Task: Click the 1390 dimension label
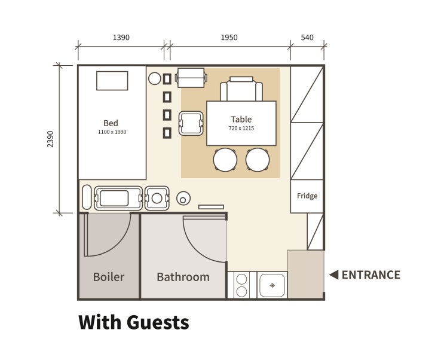point(121,38)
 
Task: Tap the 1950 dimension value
point(229,38)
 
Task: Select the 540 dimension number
point(307,38)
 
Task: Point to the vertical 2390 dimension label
point(50,139)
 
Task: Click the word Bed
point(111,123)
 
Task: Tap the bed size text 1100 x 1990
point(112,132)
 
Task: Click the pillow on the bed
point(112,81)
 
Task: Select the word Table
point(241,119)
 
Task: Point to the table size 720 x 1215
point(241,128)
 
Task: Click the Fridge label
point(307,196)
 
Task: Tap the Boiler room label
point(109,277)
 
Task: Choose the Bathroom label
point(183,277)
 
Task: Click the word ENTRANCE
point(371,274)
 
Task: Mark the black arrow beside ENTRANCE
point(335,274)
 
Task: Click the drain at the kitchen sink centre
point(272,285)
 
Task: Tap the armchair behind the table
point(241,89)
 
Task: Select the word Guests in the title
point(158,322)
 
